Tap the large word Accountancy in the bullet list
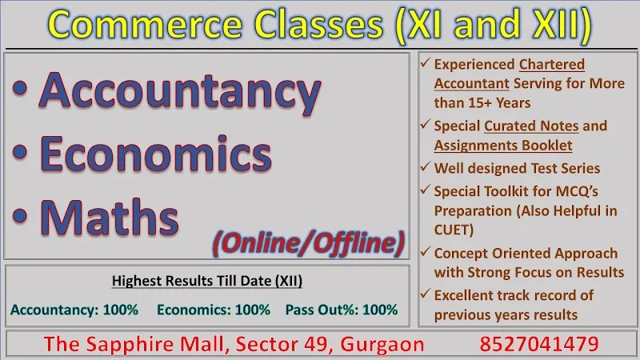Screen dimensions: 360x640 coord(181,91)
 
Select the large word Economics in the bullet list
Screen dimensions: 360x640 coord(156,152)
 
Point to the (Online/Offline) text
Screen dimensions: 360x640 coord(309,240)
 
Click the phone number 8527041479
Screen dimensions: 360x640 coord(539,344)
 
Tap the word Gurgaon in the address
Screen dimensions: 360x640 coord(382,344)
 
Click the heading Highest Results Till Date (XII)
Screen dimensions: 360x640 coord(206,281)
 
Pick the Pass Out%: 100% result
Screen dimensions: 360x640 coord(341,309)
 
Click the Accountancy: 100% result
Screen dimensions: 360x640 coord(74,309)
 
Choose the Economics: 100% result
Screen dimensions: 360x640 coord(214,309)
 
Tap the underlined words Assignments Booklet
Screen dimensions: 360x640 coord(503,146)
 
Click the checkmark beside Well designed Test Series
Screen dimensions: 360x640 coord(426,168)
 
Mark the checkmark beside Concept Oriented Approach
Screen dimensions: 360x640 coord(426,253)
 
